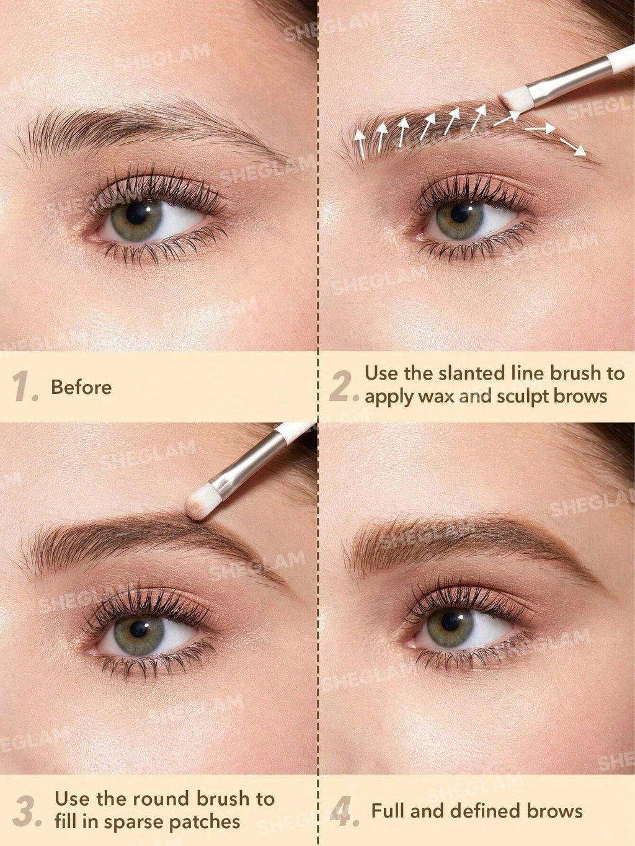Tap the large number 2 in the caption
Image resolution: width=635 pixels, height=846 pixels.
(x=343, y=385)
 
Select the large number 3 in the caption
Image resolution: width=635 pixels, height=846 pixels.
(x=26, y=811)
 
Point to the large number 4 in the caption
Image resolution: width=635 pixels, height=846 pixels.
(x=343, y=812)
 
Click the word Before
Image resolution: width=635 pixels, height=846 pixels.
(x=81, y=388)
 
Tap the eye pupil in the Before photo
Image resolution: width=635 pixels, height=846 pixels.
(x=136, y=214)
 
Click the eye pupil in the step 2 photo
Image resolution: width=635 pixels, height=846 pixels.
(x=459, y=213)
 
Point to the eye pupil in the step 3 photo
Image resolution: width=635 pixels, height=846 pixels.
(x=139, y=628)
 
